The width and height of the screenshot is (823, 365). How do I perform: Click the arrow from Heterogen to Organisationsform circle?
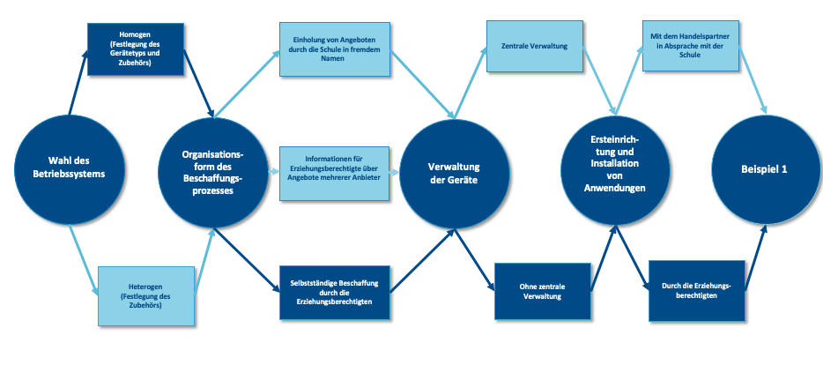click(204, 260)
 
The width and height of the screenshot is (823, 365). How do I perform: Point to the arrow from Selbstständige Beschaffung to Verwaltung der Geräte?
click(421, 259)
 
